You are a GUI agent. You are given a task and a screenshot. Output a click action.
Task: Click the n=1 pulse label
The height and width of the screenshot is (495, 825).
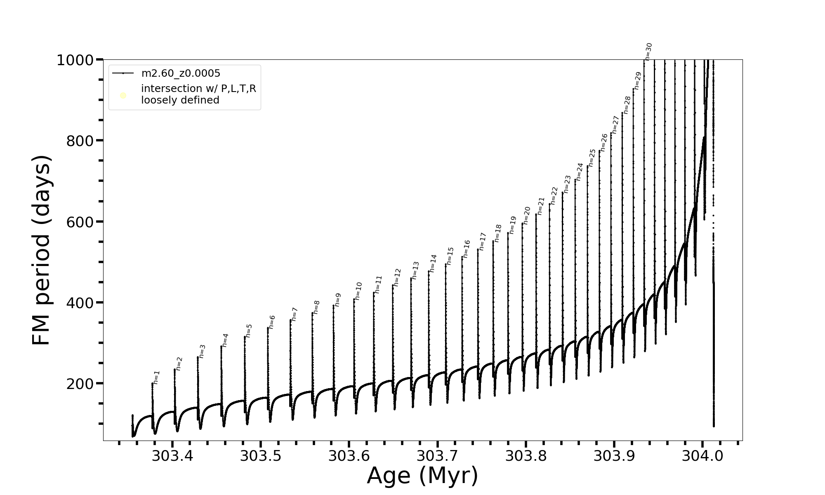tap(156, 377)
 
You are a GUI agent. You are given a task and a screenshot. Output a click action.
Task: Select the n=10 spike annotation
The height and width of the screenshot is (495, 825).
tap(358, 291)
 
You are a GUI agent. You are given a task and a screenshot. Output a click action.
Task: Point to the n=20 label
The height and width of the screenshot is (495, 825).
tap(526, 215)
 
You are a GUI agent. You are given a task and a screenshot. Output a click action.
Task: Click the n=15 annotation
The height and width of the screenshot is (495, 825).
tap(450, 256)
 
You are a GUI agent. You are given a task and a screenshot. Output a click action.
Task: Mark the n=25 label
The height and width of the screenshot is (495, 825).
tap(592, 158)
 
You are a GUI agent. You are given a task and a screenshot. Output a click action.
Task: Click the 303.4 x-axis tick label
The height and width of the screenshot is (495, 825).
tap(172, 456)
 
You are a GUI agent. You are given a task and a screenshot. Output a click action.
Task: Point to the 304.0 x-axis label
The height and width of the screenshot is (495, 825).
tap(702, 456)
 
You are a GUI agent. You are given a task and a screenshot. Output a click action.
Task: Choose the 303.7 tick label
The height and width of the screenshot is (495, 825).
tap(437, 456)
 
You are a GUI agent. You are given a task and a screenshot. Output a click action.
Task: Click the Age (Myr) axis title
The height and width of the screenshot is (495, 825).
tap(422, 476)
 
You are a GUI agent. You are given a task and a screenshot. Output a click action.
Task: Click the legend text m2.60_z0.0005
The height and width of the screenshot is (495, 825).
tap(181, 73)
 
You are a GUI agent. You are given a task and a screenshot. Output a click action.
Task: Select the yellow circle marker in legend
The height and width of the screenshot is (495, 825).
tap(123, 96)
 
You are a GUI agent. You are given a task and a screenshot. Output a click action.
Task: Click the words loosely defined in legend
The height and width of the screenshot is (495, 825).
tap(180, 100)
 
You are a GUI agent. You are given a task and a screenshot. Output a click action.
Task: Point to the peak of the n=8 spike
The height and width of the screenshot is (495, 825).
tap(313, 313)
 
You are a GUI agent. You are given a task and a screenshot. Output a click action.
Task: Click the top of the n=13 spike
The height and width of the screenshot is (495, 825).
tap(411, 278)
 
